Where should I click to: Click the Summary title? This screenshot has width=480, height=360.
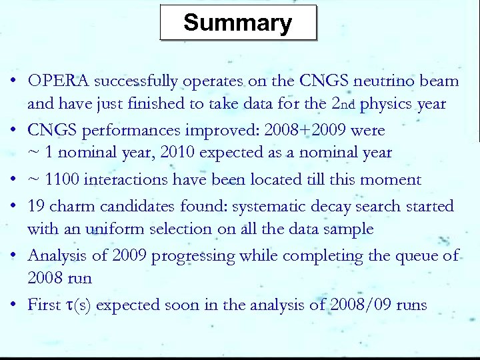(x=238, y=23)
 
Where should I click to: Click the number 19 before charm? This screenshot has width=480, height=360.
(x=37, y=206)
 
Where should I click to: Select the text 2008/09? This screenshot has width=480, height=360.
(x=361, y=305)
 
